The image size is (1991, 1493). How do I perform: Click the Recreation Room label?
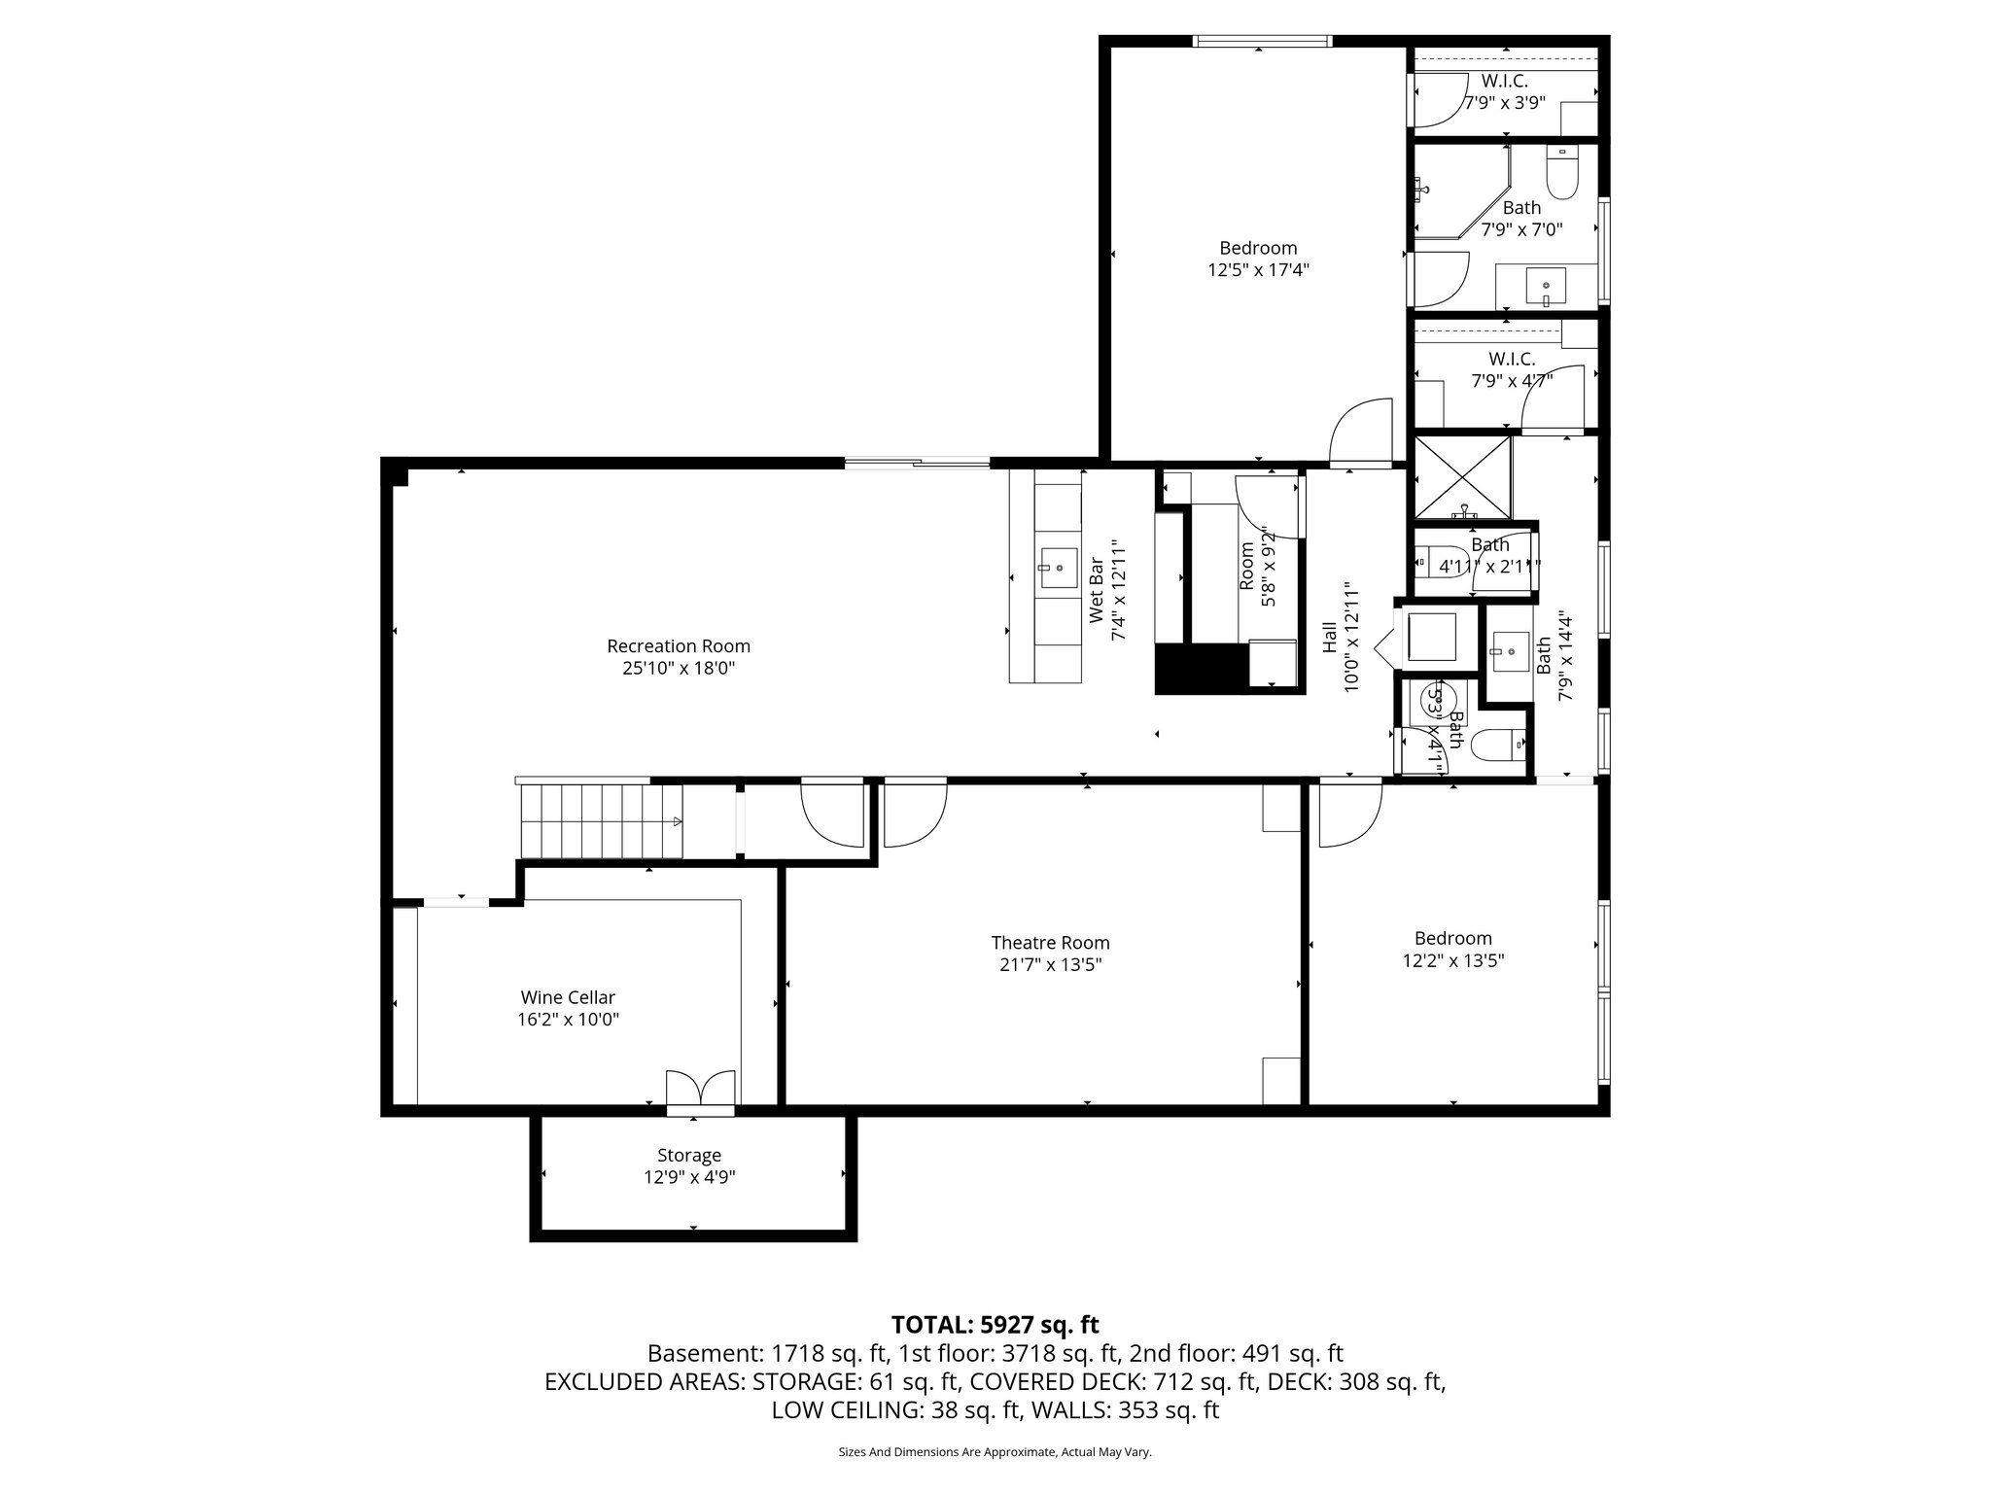(x=679, y=646)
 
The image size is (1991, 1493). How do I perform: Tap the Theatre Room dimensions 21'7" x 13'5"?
(x=1050, y=965)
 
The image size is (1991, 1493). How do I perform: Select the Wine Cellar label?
(x=568, y=997)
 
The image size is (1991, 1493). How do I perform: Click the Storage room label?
(x=689, y=1156)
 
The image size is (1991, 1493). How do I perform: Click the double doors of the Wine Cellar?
(x=700, y=1089)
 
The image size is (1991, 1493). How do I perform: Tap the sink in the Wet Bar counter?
(x=1058, y=567)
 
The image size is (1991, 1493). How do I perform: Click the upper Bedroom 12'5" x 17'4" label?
(x=1258, y=249)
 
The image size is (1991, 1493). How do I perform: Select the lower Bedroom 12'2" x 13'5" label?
(x=1452, y=939)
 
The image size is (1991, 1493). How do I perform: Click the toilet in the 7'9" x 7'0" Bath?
(x=1562, y=172)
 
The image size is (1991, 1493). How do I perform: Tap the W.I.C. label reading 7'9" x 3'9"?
(x=1504, y=92)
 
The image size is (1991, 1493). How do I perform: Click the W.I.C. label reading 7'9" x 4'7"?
(x=1511, y=370)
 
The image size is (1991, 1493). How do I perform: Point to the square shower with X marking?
(x=1462, y=476)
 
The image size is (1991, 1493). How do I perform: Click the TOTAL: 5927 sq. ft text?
(x=995, y=1325)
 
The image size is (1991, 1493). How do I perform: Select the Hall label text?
(x=1329, y=638)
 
